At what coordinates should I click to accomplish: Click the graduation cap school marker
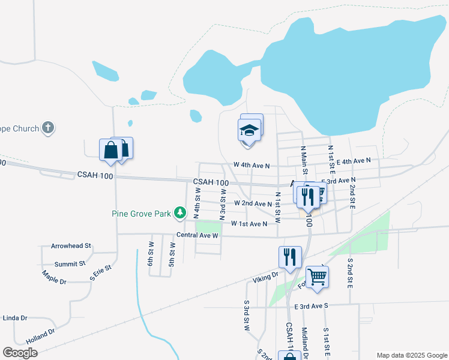pos(249,130)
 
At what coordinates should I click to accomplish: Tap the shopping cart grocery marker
pos(316,277)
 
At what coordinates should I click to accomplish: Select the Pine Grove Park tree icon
pos(179,212)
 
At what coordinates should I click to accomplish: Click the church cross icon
pos(48,128)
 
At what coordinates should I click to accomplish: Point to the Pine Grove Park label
pos(142,213)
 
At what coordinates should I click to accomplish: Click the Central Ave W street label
pos(196,235)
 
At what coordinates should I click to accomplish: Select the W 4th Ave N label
pos(252,165)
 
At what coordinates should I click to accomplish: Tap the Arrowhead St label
pos(71,246)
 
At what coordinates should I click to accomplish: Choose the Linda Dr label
pos(15,318)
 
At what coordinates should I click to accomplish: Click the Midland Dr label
pos(305,343)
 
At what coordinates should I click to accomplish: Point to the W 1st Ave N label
pos(249,224)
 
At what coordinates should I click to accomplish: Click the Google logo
pos(20,353)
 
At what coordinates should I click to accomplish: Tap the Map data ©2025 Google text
pos(411,355)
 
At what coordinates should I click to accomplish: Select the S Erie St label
pos(101,273)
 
